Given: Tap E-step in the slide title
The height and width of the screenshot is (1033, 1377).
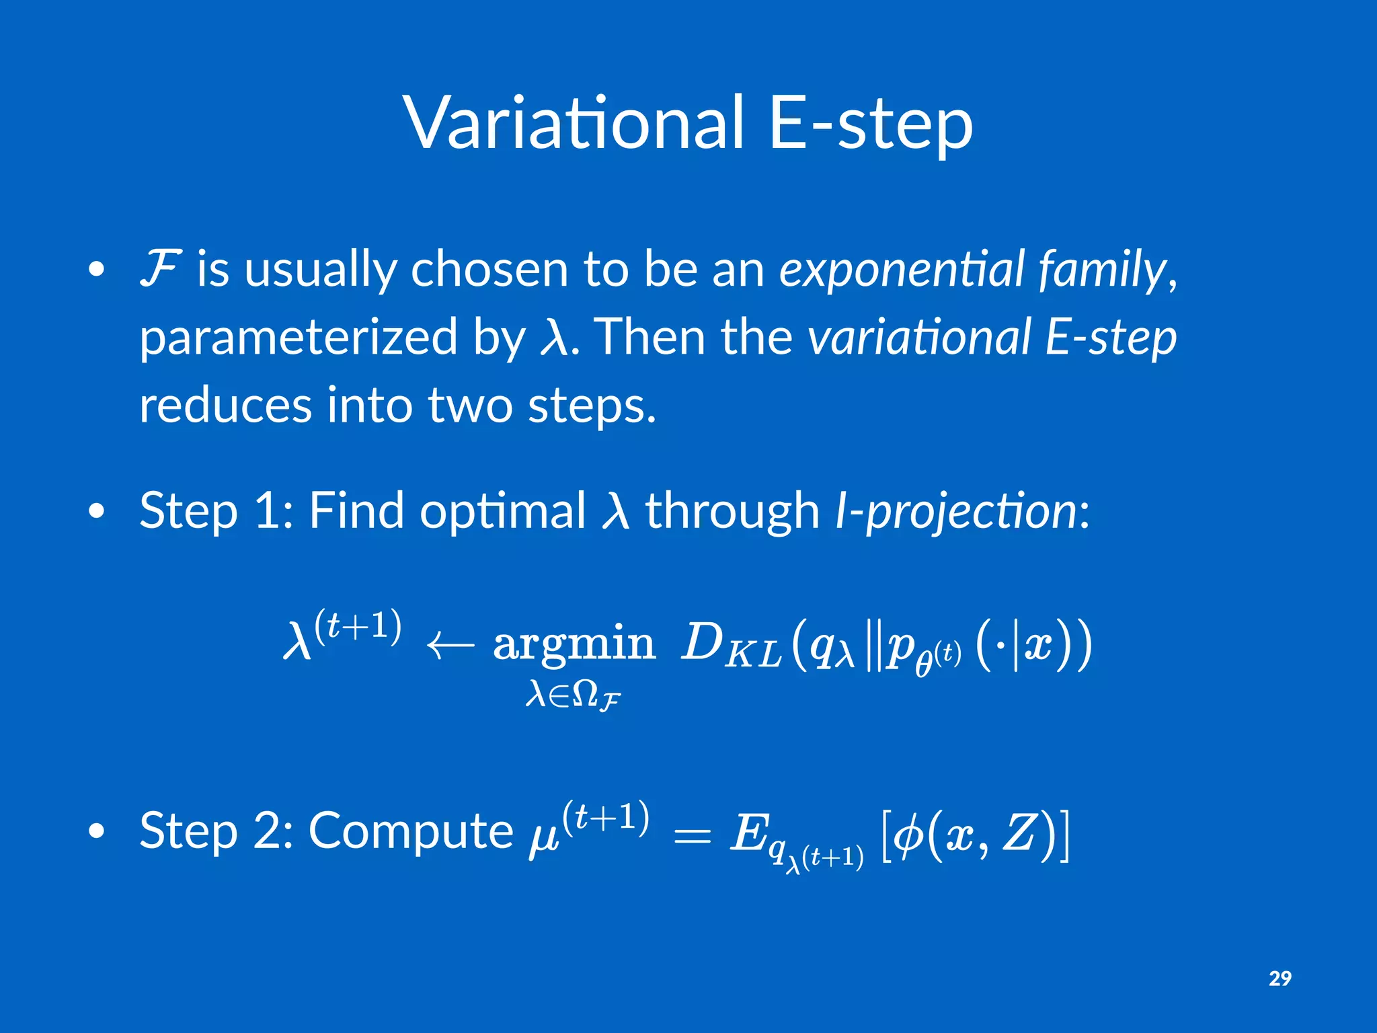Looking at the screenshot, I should coord(870,124).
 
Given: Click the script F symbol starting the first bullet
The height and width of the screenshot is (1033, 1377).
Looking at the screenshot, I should coord(160,268).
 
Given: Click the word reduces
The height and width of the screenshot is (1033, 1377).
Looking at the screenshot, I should coord(225,406).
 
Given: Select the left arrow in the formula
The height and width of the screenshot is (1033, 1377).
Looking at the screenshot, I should coord(450,646).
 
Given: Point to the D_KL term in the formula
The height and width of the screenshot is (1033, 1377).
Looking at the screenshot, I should coord(730,646).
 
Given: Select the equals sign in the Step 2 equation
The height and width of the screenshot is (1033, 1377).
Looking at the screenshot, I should coord(691,836).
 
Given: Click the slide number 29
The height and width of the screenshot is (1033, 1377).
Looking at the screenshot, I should coord(1280,979).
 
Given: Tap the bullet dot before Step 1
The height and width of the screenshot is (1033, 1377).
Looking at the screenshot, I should coord(97,512).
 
